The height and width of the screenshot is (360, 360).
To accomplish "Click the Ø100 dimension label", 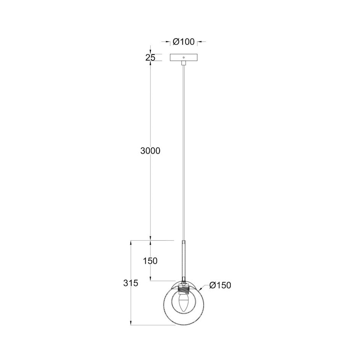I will (x=184, y=42).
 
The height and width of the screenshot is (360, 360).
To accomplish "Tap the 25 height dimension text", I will (x=150, y=57).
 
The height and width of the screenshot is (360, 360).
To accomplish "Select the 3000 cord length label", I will (x=150, y=151).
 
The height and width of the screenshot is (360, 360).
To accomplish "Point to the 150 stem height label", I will (x=150, y=261).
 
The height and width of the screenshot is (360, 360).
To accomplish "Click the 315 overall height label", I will (x=130, y=283).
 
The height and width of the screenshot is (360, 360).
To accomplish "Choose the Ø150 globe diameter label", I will (x=220, y=285).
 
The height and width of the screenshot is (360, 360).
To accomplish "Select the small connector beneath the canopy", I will (x=183, y=63).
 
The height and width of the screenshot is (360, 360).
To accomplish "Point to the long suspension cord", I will (x=183, y=152).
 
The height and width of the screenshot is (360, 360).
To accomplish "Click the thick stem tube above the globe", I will (x=183, y=259).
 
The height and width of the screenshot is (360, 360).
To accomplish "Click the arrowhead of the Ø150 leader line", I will (x=201, y=290).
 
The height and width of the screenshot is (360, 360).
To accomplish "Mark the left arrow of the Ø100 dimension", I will (x=168, y=42).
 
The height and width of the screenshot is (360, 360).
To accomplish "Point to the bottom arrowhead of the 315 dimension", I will (x=130, y=324).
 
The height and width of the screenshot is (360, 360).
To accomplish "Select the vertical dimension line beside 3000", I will (x=150, y=194).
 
